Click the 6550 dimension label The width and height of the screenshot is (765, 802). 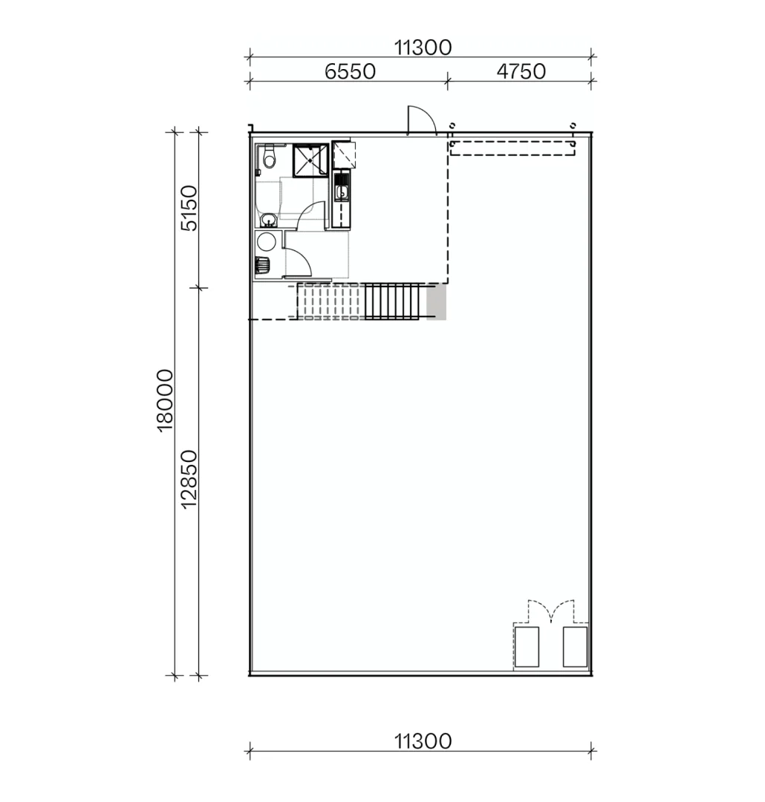click(x=350, y=71)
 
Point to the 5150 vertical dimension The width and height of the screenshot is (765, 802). click(x=190, y=209)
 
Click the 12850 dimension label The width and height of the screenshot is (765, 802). click(x=190, y=480)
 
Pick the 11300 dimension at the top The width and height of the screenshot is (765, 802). click(x=423, y=48)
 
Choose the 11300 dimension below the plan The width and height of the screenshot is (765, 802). click(x=423, y=741)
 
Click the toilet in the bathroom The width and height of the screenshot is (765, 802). click(x=270, y=157)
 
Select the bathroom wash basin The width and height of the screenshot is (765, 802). click(x=267, y=219)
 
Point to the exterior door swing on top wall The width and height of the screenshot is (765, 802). click(x=420, y=121)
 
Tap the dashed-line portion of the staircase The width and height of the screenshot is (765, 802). click(x=330, y=301)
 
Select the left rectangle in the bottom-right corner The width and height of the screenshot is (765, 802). click(x=527, y=647)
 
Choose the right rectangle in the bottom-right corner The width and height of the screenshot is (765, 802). click(x=575, y=647)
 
